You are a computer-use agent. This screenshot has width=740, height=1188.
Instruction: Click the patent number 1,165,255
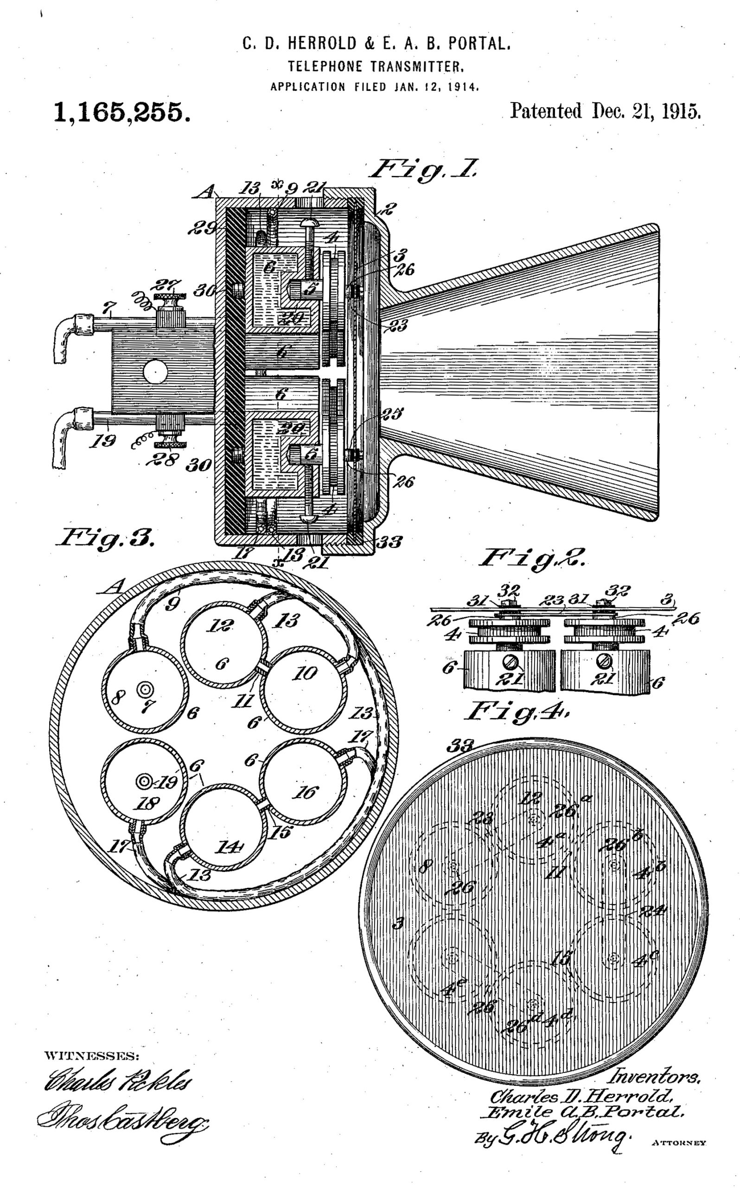(122, 112)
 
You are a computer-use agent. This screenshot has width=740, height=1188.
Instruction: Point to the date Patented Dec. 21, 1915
(606, 111)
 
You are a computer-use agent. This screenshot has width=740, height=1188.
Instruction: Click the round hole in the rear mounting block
(155, 374)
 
